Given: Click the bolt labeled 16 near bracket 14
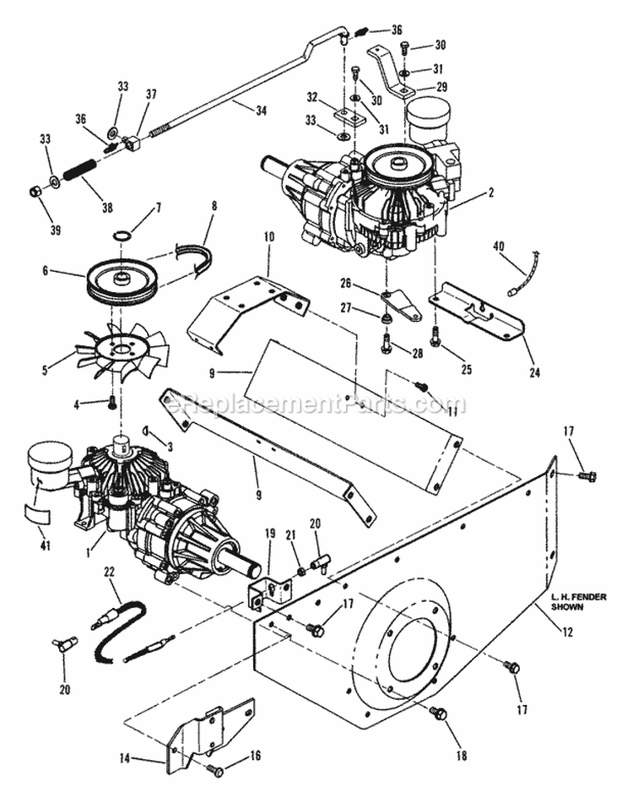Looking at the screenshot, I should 214,770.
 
